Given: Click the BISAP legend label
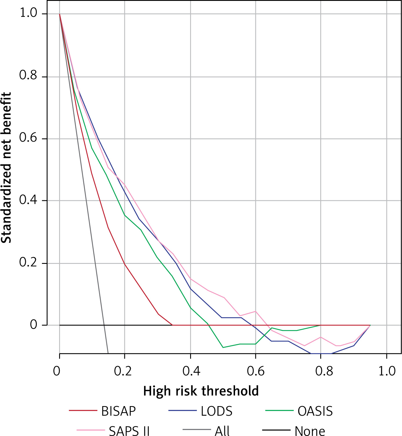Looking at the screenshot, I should click(x=119, y=411).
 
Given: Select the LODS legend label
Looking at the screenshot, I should click(x=217, y=411).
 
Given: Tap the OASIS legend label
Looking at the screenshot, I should click(x=315, y=411).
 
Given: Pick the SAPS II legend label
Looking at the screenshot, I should click(x=129, y=431).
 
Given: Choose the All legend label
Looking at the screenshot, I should click(x=222, y=431).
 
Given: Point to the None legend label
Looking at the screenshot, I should click(x=310, y=431).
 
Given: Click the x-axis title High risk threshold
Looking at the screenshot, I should click(x=201, y=391).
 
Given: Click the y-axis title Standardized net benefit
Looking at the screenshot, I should click(x=6, y=167).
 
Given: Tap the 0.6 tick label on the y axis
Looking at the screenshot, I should click(x=28, y=138).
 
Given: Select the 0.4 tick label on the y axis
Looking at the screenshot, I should click(x=28, y=200).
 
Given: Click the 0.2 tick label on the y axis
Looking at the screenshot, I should click(x=28, y=262).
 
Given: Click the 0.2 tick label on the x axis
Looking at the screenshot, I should click(x=123, y=371).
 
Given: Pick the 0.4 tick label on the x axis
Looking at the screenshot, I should click(x=191, y=371).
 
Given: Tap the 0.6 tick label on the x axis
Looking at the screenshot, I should click(x=256, y=371).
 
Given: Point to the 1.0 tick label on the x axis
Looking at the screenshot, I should click(x=387, y=371).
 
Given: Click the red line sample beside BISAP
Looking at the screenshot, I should click(x=83, y=410).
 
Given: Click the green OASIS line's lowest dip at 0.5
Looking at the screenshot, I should click(x=223, y=347).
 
